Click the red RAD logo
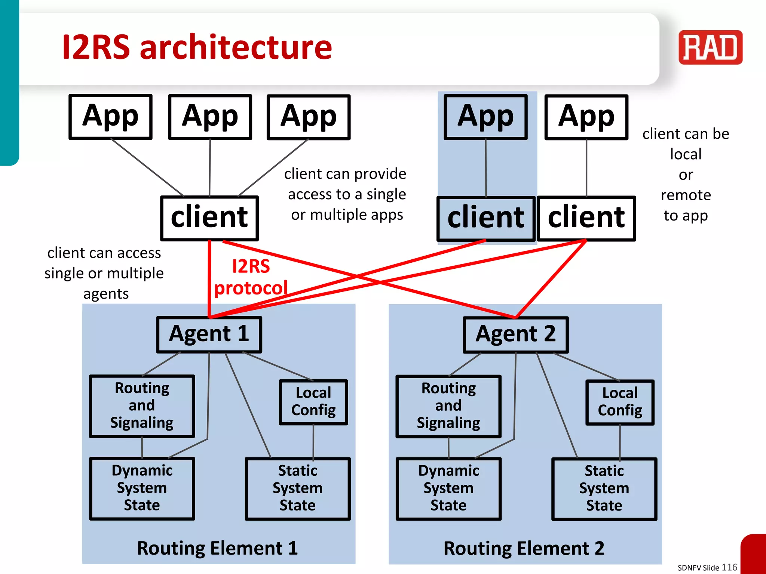click(710, 47)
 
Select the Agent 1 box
click(209, 334)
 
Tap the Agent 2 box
click(515, 334)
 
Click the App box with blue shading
click(485, 117)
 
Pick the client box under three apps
click(209, 218)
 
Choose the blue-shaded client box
click(485, 218)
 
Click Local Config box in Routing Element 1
click(313, 402)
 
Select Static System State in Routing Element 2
click(604, 488)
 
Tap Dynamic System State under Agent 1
click(142, 488)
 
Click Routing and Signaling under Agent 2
click(448, 406)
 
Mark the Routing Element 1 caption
click(217, 548)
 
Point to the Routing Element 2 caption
click(524, 548)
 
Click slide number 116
click(729, 567)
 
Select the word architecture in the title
click(236, 47)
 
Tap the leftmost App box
click(110, 117)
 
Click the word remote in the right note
click(686, 195)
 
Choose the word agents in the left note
click(106, 294)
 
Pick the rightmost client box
click(586, 218)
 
